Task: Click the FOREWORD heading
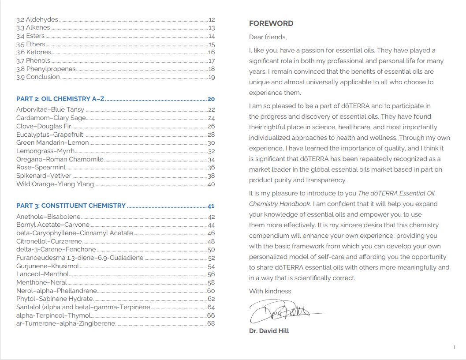coord(271,24)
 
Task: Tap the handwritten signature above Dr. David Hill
coord(282,311)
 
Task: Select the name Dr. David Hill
coord(269,331)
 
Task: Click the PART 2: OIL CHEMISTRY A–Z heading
coord(60,99)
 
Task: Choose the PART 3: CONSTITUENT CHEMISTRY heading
coord(71,206)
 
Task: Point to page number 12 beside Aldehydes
coord(212,20)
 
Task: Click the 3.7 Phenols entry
coord(34,61)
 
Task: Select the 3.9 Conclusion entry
coord(38,77)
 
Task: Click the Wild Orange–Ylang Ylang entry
coord(55,184)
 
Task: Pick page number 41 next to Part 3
coord(211,206)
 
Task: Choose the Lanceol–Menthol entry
coord(43,274)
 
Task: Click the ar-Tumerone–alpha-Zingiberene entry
coord(66,323)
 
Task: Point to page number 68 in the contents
coord(211,324)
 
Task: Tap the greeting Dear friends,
coord(268,37)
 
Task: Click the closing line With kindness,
coord(271,291)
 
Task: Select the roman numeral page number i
coord(455,347)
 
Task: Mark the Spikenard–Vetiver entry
coord(44,176)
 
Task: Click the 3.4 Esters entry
coord(30,36)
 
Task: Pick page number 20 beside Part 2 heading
coord(211,99)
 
